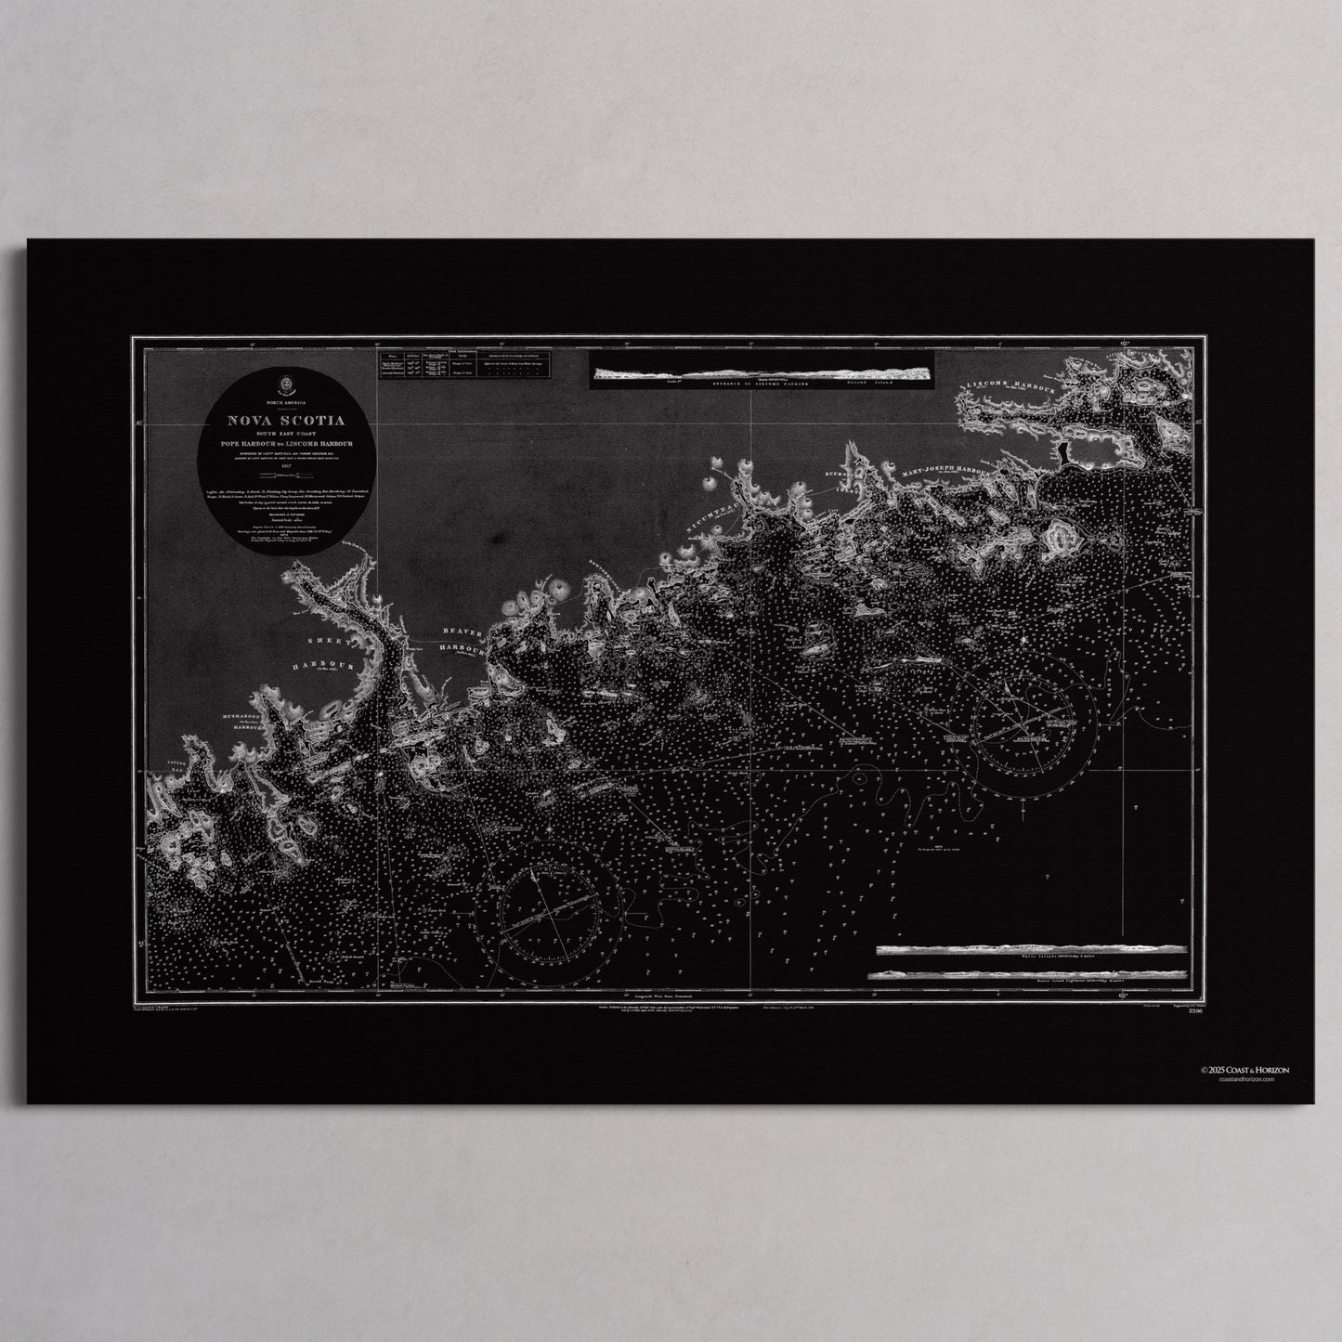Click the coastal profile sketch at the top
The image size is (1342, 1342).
[762, 373]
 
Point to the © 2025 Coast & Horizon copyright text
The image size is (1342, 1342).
[1244, 1070]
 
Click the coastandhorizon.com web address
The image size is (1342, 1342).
[1244, 1080]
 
